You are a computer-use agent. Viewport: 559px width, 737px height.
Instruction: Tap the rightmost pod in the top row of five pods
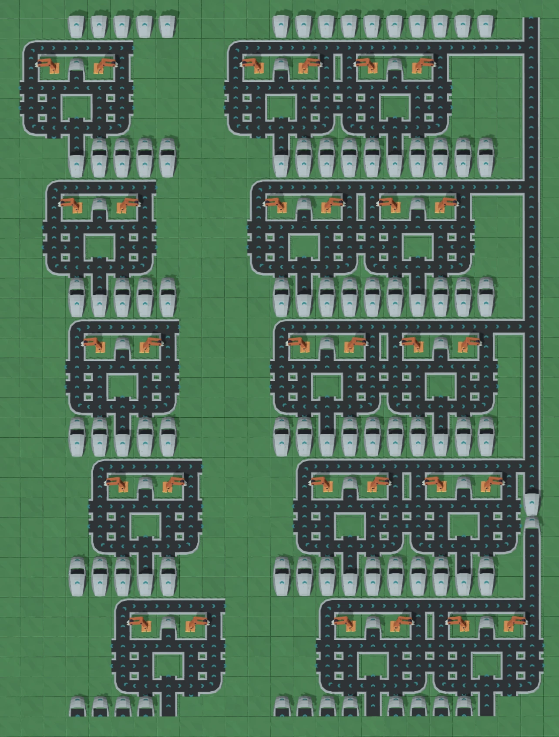pos(167,26)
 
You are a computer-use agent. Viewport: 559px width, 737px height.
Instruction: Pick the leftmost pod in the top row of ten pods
pos(281,26)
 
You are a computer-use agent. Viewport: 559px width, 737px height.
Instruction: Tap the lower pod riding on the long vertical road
pos(531,523)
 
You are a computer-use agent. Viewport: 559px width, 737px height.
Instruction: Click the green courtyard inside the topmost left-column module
pos(77,107)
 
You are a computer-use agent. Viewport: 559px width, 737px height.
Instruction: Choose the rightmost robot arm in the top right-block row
pos(423,65)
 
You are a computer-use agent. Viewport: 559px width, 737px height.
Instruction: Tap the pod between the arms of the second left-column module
pos(99,205)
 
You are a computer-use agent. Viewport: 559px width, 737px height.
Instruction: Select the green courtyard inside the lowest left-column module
pos(168,664)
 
